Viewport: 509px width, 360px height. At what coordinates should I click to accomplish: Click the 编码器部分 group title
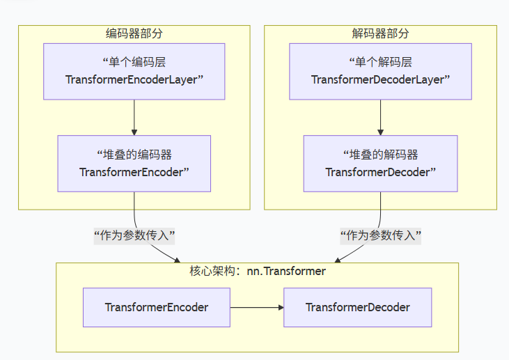tap(134, 33)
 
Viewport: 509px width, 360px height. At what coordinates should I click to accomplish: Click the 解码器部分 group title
tap(380, 33)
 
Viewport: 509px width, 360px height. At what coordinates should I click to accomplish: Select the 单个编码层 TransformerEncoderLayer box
tap(134, 71)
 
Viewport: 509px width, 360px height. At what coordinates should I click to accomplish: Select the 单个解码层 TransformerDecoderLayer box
tap(380, 71)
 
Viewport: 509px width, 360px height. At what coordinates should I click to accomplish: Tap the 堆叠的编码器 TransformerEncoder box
tap(134, 163)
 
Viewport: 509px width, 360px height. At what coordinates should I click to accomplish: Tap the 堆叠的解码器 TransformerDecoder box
tap(380, 163)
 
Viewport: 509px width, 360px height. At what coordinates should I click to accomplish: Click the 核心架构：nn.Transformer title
tap(257, 272)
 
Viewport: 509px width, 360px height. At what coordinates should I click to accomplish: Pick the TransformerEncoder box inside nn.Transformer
tap(156, 307)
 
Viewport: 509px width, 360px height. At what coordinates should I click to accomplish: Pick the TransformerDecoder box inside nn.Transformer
tap(357, 307)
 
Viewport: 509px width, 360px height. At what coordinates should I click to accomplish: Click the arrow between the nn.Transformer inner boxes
tap(256, 307)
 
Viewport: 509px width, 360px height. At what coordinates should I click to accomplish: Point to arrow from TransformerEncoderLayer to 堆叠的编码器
tap(134, 117)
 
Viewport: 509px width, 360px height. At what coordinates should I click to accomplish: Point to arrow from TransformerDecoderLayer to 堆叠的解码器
tap(380, 117)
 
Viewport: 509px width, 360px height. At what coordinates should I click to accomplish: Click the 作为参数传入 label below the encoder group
tap(134, 235)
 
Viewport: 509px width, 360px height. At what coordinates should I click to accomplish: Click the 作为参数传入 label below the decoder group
tap(380, 235)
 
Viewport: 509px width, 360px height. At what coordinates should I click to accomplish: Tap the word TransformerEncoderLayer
tap(132, 79)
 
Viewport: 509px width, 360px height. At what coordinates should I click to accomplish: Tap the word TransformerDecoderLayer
tap(378, 79)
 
